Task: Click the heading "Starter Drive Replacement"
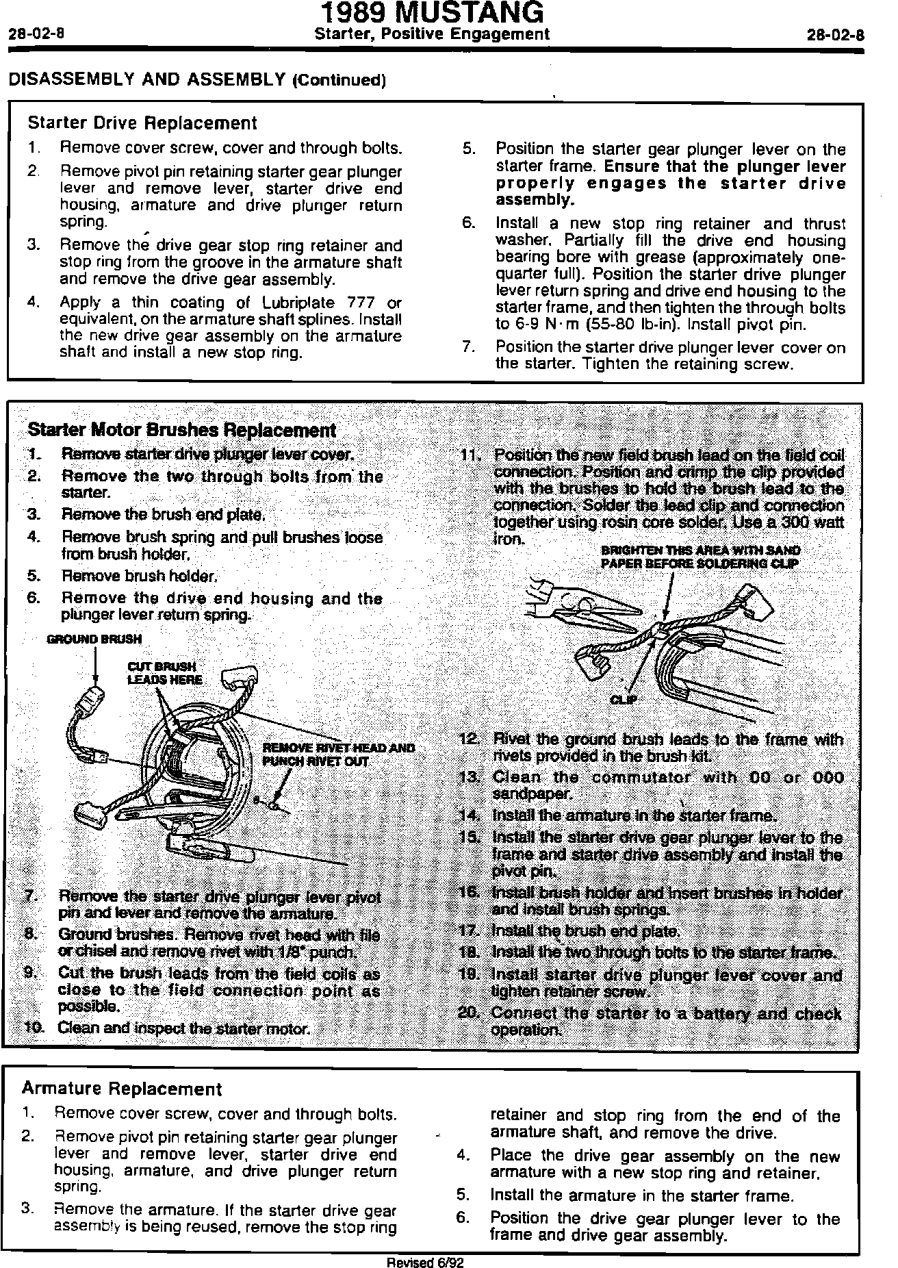[142, 123]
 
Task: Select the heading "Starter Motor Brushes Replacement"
[181, 431]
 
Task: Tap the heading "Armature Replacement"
[122, 1089]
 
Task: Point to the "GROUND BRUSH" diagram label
[94, 639]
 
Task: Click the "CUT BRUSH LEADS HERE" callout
[164, 673]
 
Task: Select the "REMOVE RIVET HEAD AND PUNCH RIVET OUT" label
[338, 755]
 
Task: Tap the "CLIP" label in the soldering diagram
[624, 700]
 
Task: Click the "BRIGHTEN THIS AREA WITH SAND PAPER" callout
[700, 557]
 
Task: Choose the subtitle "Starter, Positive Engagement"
[431, 34]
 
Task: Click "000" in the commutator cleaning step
[828, 778]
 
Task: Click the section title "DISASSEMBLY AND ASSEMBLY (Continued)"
[197, 79]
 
